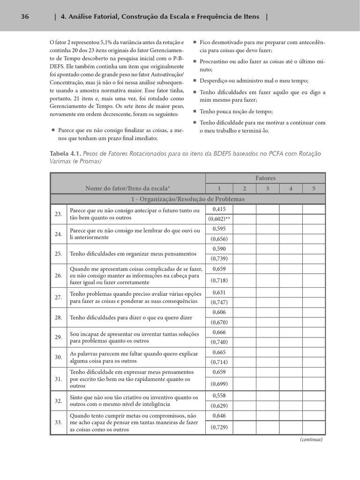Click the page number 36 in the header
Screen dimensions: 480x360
tap(25, 17)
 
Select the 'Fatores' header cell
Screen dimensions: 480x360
tap(265, 178)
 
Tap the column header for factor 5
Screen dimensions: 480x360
tap(314, 188)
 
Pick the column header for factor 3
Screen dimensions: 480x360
tap(267, 188)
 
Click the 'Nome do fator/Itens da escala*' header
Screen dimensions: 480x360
tap(127, 188)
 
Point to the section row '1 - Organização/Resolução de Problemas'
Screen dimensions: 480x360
tap(187, 199)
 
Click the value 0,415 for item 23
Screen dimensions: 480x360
tap(219, 209)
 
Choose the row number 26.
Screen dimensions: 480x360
tap(59, 276)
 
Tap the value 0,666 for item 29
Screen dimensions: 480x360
tap(219, 332)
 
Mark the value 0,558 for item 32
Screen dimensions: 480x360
tap(219, 396)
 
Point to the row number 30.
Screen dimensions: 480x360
tap(59, 357)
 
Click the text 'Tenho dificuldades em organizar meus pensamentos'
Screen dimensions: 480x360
tap(133, 254)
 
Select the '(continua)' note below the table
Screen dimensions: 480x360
tap(311, 440)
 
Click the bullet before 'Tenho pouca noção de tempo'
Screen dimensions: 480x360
tap(195, 112)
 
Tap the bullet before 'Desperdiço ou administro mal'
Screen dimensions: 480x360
tap(195, 81)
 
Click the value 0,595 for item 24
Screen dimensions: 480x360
tap(219, 229)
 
